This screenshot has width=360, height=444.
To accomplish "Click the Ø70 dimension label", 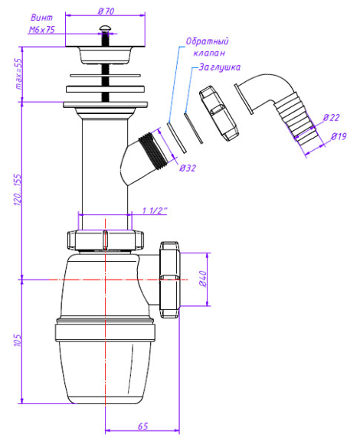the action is point(106,11).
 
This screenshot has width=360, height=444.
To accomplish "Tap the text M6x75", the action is point(42,29).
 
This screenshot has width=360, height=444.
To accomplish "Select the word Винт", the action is point(41,18).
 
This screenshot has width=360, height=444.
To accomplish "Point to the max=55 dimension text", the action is point(18,74).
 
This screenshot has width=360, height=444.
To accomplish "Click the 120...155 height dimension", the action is point(18,190).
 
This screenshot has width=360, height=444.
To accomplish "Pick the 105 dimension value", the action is point(18,340).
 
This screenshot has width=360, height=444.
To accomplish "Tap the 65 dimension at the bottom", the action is point(143,426).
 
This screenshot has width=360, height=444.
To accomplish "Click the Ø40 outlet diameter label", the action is point(203,279).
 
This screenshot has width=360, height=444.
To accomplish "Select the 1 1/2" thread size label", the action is point(155,211).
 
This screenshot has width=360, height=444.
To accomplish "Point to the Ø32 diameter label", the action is point(188,168).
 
